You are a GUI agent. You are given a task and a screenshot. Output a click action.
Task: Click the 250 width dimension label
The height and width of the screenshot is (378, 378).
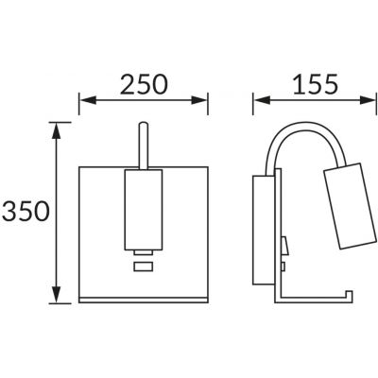pos(144,84)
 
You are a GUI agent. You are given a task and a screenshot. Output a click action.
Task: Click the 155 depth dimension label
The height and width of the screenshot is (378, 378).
pos(316,84)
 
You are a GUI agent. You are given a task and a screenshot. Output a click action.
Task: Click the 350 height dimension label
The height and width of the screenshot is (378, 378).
pos(26,212)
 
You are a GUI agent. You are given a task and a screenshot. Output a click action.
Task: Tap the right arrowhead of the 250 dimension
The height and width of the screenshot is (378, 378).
pos(199,100)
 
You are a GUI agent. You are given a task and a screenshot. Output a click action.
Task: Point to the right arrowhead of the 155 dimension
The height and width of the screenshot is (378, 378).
pos(368,100)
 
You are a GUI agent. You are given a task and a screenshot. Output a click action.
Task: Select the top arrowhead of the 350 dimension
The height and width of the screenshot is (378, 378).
pos(57,130)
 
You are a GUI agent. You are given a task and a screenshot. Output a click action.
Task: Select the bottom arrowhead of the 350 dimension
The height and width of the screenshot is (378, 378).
pos(57,295)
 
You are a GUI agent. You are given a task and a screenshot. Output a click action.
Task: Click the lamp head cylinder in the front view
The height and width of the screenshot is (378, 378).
pos(144,210)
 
